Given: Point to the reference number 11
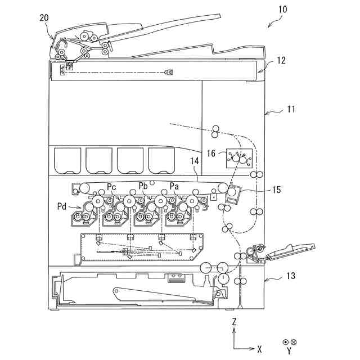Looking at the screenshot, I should (291, 109).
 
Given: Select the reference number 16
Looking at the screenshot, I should (211, 152).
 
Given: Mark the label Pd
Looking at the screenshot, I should (63, 206).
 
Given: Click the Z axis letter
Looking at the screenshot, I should (234, 322).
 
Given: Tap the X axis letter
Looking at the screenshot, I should (259, 349).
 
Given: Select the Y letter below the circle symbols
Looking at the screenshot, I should (289, 351).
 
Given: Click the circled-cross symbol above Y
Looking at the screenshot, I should (293, 341).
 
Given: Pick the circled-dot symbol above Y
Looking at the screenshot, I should (285, 341).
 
